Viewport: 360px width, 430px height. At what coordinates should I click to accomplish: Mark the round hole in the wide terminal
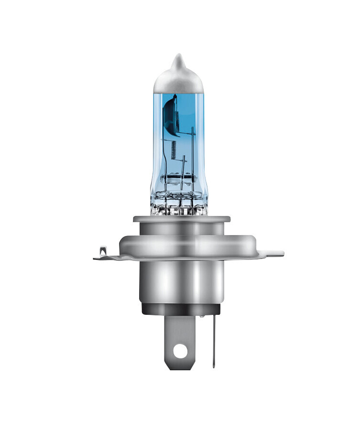click(x=180, y=351)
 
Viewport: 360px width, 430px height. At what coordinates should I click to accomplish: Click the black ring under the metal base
click(x=181, y=311)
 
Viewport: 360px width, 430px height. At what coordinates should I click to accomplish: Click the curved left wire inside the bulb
click(x=167, y=160)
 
